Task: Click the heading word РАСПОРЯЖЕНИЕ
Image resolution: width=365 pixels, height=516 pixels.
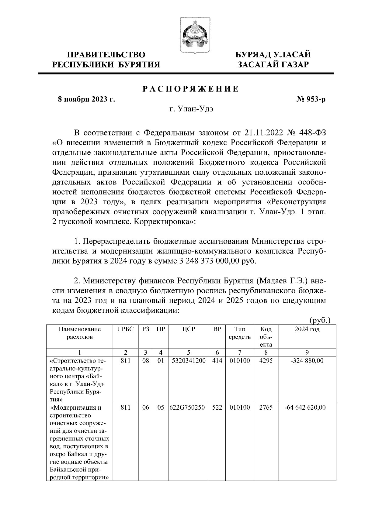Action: pyautogui.click(x=191, y=89)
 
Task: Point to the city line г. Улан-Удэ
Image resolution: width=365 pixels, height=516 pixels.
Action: pyautogui.click(x=191, y=109)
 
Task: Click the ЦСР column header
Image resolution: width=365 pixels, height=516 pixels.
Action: pyautogui.click(x=189, y=329)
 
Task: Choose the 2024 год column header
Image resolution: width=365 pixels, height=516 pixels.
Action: pyautogui.click(x=307, y=329)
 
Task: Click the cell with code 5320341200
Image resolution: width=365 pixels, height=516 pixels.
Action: pyautogui.click(x=189, y=361)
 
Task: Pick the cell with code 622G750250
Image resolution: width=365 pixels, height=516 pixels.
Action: pyautogui.click(x=189, y=408)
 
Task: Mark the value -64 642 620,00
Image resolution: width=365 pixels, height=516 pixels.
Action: pyautogui.click(x=305, y=408)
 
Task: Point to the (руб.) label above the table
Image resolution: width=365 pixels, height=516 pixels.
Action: pyautogui.click(x=320, y=320)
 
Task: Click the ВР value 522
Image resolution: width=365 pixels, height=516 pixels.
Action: pyautogui.click(x=217, y=408)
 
